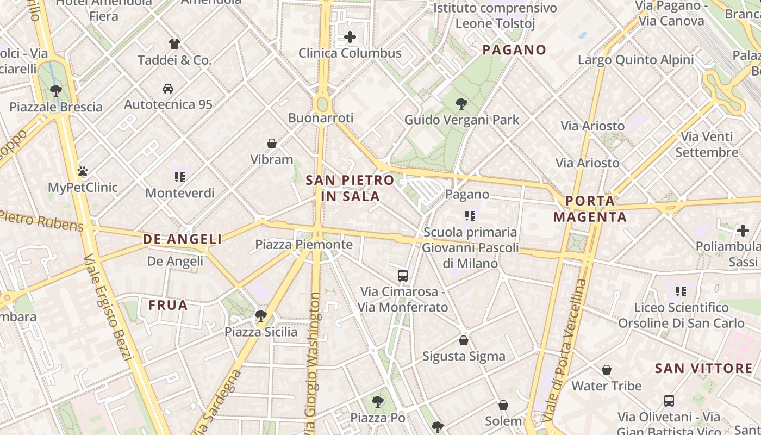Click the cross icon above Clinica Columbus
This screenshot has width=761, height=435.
tap(350, 37)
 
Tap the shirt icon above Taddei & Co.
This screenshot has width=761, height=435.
tap(174, 43)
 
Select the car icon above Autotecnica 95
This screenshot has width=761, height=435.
tap(168, 88)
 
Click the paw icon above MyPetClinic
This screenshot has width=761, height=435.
tap(83, 171)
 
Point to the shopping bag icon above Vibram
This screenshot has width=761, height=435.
tap(272, 144)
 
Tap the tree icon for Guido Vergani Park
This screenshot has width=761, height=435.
tap(461, 103)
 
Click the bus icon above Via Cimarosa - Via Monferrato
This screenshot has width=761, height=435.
tap(402, 275)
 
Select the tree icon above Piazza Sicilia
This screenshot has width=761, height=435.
tap(261, 315)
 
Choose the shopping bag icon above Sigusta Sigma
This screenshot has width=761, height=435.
tap(464, 340)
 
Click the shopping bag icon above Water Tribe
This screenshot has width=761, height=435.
tap(607, 370)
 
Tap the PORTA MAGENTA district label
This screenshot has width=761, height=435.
tap(590, 209)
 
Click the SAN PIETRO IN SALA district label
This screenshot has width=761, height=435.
tap(350, 188)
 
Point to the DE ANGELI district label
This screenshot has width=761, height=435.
tap(182, 239)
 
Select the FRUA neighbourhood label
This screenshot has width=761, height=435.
tap(168, 306)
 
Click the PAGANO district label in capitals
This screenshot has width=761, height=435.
tap(514, 50)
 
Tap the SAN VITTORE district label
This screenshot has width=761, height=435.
tap(703, 369)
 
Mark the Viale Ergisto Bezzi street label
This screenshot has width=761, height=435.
tap(109, 307)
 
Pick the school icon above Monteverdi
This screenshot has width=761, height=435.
tap(180, 177)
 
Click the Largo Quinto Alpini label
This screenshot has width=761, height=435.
tap(635, 60)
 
